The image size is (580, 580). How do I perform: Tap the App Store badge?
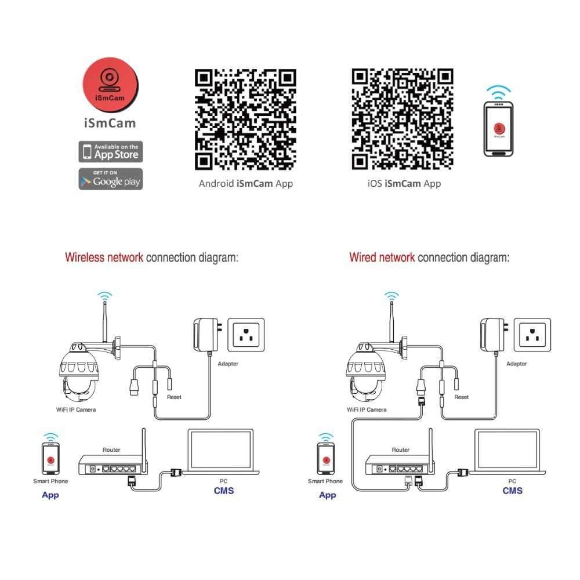tap(110, 152)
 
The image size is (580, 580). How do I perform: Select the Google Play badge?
tap(110, 179)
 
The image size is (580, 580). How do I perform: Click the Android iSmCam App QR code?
tap(245, 119)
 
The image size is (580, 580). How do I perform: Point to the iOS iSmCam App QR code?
tap(403, 119)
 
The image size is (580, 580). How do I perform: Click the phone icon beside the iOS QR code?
tap(498, 129)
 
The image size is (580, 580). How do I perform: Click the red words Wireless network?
tap(104, 258)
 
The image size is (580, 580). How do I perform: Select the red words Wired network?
tap(382, 258)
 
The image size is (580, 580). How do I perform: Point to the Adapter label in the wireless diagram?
tap(228, 364)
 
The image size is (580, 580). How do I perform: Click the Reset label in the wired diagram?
tap(462, 397)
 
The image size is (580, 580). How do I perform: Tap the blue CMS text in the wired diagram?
tap(512, 491)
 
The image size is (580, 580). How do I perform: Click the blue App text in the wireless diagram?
tap(50, 495)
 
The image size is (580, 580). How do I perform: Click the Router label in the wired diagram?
tap(400, 449)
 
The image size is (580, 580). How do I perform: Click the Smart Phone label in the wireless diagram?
tap(50, 481)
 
